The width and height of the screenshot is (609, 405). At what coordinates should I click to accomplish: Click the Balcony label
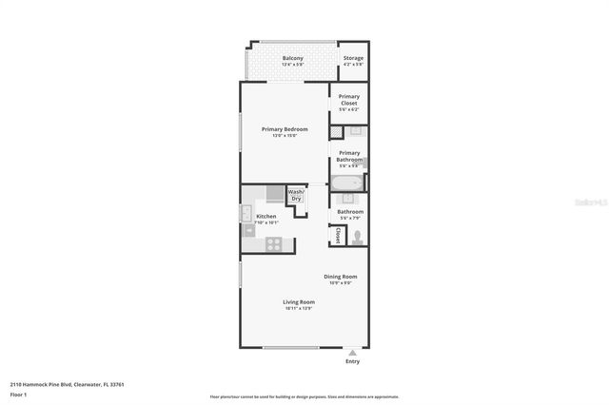coord(292,59)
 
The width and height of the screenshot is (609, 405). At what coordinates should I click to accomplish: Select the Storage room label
coord(353,59)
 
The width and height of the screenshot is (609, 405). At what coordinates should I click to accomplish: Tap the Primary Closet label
coord(349,100)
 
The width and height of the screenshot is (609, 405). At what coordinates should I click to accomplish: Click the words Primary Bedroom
coord(285,129)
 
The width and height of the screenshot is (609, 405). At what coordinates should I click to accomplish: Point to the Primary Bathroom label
coord(349,156)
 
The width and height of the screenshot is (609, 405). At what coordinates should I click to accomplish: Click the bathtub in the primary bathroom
coord(346,183)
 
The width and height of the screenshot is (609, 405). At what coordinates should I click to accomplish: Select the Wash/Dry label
coord(296,196)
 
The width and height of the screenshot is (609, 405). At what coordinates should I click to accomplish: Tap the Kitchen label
coord(266,217)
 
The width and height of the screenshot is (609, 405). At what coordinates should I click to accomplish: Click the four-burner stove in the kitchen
coord(273,242)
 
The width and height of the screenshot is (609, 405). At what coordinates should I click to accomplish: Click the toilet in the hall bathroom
coord(357,237)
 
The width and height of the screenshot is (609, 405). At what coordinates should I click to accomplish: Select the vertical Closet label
coord(337,235)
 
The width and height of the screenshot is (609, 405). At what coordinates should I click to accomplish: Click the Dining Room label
coord(340,277)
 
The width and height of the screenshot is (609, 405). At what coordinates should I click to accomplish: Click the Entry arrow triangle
coord(353,352)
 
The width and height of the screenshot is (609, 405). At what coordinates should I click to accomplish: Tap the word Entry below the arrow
coord(353,361)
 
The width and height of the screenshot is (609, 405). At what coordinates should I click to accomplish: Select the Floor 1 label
coord(18,394)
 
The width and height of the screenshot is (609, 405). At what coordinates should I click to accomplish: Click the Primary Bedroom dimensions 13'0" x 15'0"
coord(285,136)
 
